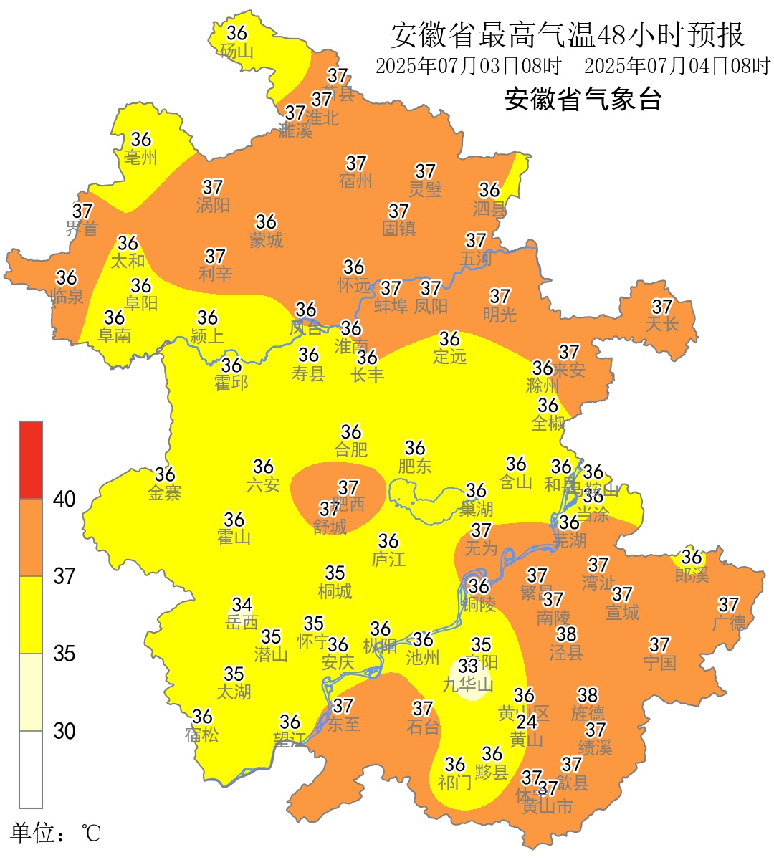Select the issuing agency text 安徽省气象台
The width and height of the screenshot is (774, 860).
583,99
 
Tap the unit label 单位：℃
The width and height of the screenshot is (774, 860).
55,833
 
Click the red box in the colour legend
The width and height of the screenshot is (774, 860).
31,460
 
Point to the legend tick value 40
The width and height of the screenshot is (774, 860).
64,500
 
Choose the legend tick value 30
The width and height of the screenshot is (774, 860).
64,731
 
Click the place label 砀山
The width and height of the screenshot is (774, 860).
236,51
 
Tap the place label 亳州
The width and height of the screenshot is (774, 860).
140,157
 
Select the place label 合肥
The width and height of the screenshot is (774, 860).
351,449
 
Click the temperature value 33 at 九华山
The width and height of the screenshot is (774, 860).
469,666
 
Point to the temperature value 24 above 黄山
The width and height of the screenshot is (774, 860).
527,721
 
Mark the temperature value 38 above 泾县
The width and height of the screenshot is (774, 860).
566,634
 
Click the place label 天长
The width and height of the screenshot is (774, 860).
661,325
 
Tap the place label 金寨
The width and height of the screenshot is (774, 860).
165,492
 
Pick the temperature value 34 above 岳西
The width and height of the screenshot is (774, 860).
242,605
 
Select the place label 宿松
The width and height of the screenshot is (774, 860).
202,735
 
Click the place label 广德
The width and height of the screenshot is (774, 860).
729,623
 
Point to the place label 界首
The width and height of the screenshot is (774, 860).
82,229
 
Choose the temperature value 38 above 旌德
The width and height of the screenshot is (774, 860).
588,694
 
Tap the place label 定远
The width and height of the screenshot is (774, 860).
449,356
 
